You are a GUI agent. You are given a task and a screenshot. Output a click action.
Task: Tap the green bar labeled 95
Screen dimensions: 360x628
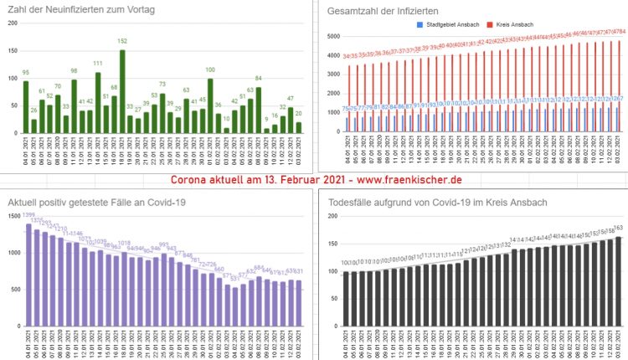(25, 106)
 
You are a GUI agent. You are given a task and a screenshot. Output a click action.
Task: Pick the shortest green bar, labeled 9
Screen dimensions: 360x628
(266, 131)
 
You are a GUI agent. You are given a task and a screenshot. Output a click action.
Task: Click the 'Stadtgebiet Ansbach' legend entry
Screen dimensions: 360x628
(448, 25)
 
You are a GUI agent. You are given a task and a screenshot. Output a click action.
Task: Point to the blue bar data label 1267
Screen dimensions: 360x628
(616, 98)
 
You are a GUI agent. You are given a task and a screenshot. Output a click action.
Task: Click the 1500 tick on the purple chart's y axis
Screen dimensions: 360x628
(14, 217)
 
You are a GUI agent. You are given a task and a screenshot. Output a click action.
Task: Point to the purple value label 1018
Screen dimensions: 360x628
(123, 243)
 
